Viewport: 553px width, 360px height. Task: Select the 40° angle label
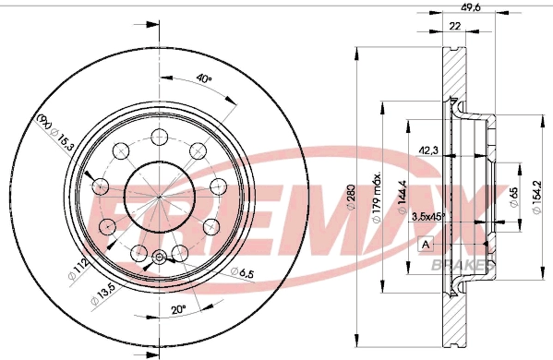204,79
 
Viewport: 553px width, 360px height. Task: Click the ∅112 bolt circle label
79,268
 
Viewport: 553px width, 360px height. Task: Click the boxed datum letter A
426,245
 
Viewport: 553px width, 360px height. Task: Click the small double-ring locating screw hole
158,258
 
